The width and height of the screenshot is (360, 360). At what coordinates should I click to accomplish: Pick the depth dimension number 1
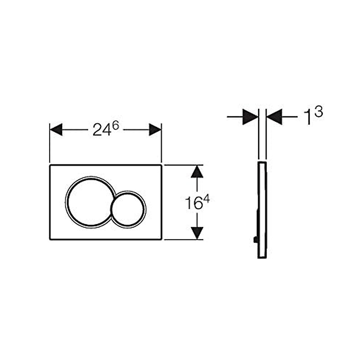click(x=307, y=117)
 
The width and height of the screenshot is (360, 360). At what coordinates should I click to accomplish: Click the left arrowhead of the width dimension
click(x=56, y=130)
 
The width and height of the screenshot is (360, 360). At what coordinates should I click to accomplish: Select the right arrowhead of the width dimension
click(x=155, y=130)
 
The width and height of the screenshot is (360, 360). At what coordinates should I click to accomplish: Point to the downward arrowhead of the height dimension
click(x=197, y=233)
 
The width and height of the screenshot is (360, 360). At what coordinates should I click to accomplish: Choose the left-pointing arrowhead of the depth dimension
click(x=274, y=117)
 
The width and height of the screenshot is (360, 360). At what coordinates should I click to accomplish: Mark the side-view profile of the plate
click(x=262, y=210)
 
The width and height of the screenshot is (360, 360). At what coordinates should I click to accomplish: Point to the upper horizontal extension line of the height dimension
click(x=183, y=165)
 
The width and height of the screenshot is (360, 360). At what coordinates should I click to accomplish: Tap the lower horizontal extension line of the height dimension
click(x=183, y=240)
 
